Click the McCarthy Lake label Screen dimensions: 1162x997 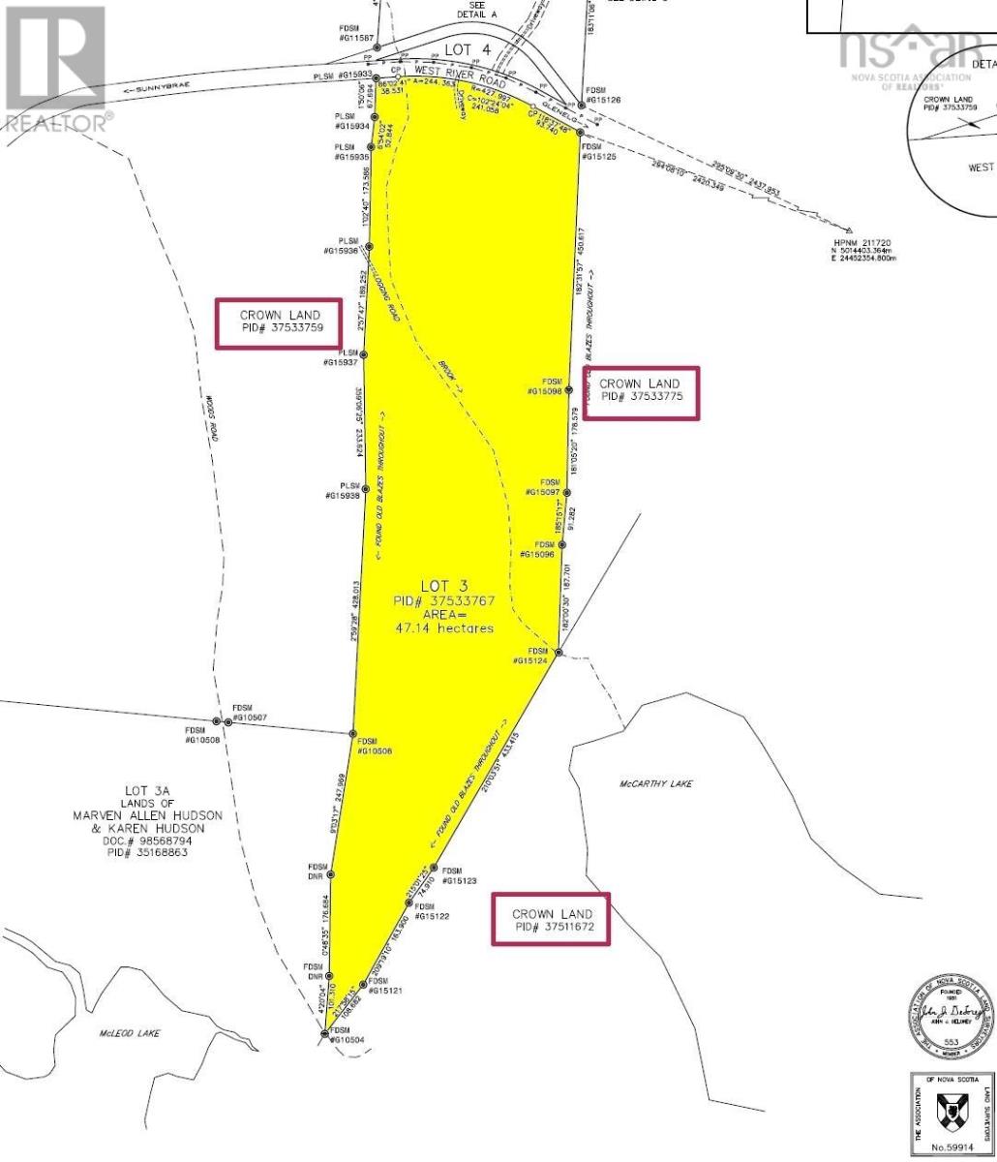[656, 783]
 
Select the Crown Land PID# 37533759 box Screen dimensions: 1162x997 [278, 322]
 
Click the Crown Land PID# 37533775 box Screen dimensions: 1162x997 [640, 391]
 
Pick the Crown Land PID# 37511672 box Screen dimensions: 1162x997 [551, 920]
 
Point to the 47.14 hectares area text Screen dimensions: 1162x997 [444, 628]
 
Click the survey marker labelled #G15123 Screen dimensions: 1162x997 [433, 868]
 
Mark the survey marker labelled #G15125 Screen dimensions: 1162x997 [581, 133]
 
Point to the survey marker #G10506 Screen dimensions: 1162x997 [353, 734]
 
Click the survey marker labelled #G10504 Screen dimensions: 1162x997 [324, 1034]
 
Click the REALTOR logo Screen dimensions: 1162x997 [56, 68]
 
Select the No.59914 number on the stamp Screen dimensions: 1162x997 [950, 1148]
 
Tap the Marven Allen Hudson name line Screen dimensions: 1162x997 [148, 815]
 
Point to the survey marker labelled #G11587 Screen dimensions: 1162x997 [378, 46]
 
